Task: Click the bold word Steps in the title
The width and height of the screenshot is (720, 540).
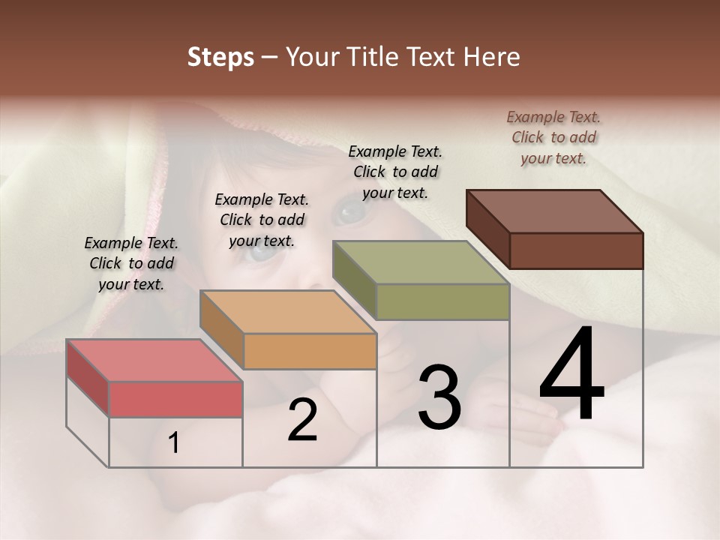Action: (x=220, y=57)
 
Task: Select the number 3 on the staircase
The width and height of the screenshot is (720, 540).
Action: (x=439, y=397)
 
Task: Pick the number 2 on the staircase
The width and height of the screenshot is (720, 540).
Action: (x=302, y=421)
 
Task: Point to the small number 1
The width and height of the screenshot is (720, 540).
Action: (x=174, y=443)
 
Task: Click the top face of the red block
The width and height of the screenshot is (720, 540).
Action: (x=154, y=360)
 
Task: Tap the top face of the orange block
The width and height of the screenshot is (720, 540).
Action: (x=288, y=312)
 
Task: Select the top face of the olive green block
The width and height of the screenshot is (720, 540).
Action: (x=421, y=262)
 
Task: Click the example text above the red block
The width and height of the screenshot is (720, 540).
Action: (x=131, y=263)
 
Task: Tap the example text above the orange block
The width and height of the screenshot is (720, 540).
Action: (x=262, y=220)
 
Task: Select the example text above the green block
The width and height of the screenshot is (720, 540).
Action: (x=395, y=172)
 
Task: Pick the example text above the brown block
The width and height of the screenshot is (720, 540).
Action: (x=553, y=137)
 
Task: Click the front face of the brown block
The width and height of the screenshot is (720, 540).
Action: (x=576, y=250)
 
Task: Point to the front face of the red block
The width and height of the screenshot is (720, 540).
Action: (x=175, y=399)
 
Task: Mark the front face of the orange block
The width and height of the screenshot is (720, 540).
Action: (x=310, y=351)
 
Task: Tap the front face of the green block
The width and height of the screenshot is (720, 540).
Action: (x=442, y=301)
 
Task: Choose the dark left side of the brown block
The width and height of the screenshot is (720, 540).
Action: (x=487, y=228)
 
